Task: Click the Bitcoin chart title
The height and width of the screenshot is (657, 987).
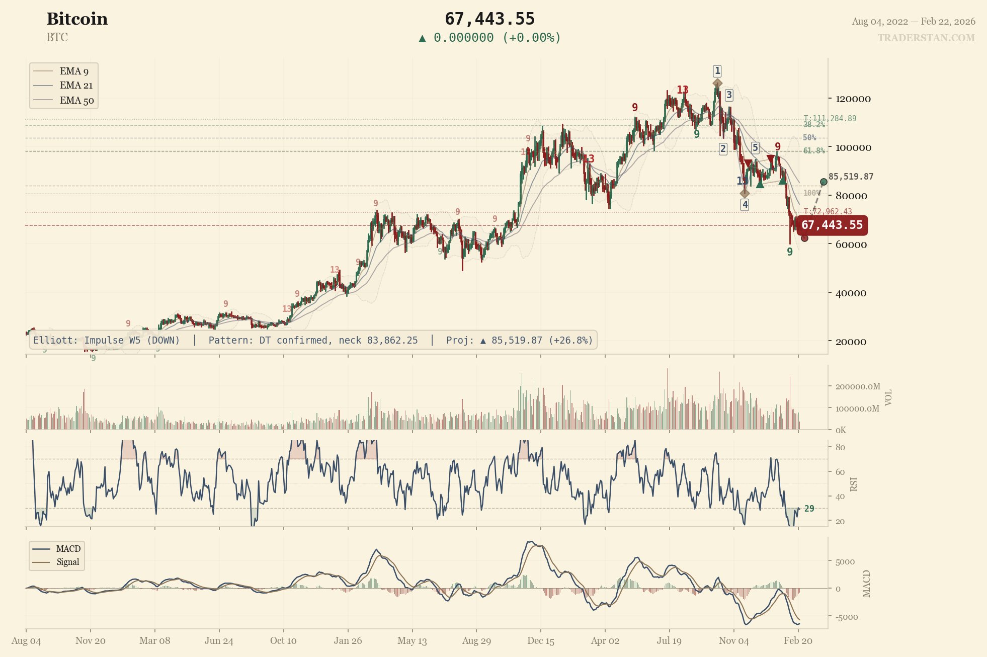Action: (77, 19)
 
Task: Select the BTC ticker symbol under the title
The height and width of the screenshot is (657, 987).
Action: (57, 38)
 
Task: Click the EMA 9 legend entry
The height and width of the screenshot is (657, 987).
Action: (73, 71)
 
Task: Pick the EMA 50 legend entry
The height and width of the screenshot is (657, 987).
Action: (76, 101)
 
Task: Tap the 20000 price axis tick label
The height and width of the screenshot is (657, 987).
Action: (851, 342)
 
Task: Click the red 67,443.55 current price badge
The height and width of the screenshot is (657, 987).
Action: (832, 225)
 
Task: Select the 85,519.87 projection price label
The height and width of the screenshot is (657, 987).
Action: (851, 177)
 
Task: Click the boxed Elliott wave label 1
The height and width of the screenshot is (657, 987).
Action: (717, 71)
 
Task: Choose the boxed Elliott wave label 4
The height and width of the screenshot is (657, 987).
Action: (745, 204)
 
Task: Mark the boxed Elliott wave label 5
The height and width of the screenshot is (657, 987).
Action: (755, 147)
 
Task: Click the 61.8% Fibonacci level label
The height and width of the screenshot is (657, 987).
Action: (813, 151)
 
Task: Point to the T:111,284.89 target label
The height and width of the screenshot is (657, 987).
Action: (830, 119)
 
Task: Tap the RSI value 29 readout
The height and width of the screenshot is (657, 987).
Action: (809, 509)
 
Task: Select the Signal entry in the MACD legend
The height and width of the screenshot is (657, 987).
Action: (67, 562)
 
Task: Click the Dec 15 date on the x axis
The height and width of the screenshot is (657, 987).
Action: (541, 641)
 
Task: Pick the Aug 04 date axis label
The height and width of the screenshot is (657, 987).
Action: (26, 641)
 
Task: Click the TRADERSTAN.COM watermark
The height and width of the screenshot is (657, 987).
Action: (926, 38)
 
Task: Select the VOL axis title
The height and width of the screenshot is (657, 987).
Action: (888, 397)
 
